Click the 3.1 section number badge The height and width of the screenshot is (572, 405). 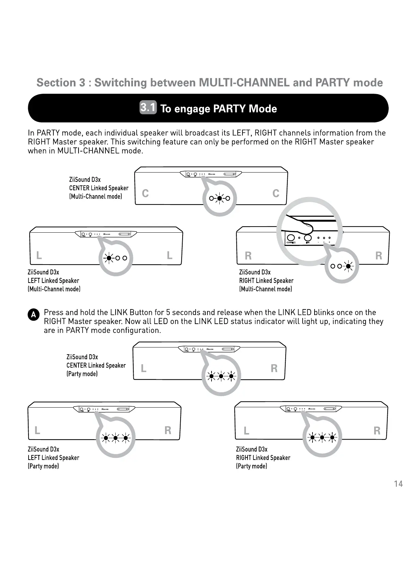(148, 107)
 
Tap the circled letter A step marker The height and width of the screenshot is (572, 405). (33, 315)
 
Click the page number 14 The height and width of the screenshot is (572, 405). (398, 484)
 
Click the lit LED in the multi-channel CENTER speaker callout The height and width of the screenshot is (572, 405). (220, 198)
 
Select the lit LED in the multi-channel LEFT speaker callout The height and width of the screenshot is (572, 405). (108, 258)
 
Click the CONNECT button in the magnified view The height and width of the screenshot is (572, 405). (291, 237)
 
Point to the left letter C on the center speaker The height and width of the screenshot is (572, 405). (145, 193)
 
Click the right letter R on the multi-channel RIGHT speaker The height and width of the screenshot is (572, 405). (378, 255)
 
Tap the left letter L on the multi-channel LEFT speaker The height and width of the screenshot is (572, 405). (39, 255)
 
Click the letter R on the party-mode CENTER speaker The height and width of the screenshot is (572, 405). (274, 368)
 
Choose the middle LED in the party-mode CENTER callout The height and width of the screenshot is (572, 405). (221, 376)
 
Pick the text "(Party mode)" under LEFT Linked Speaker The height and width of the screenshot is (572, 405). (43, 466)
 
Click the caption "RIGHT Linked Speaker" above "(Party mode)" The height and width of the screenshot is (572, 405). (263, 458)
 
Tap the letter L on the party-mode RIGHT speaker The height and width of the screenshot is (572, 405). (247, 431)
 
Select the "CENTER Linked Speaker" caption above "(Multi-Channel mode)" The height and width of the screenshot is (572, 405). (99, 188)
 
